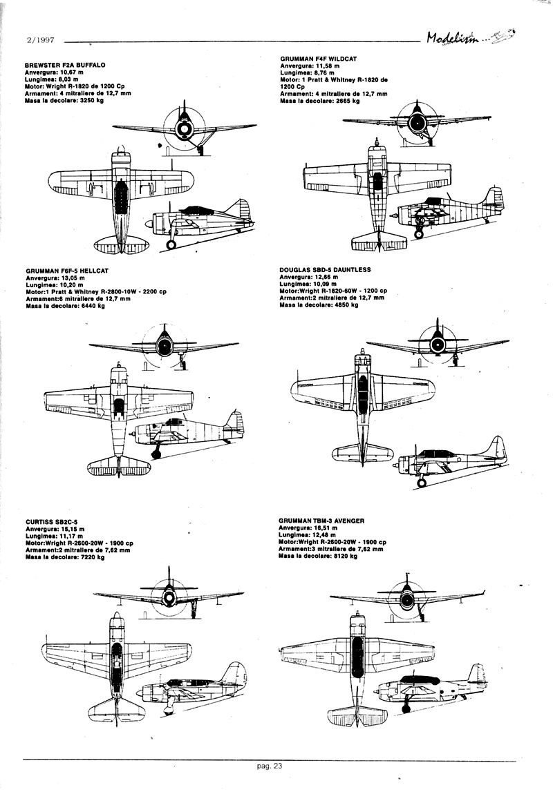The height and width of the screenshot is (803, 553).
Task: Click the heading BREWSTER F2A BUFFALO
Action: pos(64,64)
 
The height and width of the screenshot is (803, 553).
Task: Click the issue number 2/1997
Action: pos(39,41)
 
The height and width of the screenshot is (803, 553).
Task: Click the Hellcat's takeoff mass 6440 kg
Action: pos(92,305)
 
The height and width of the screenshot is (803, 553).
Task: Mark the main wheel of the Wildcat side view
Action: pos(419,233)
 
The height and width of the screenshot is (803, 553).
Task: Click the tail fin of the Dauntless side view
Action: pos(496,449)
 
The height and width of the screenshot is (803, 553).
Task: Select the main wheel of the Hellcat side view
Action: pos(156,453)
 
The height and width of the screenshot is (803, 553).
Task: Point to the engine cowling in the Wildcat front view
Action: pos(417,123)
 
